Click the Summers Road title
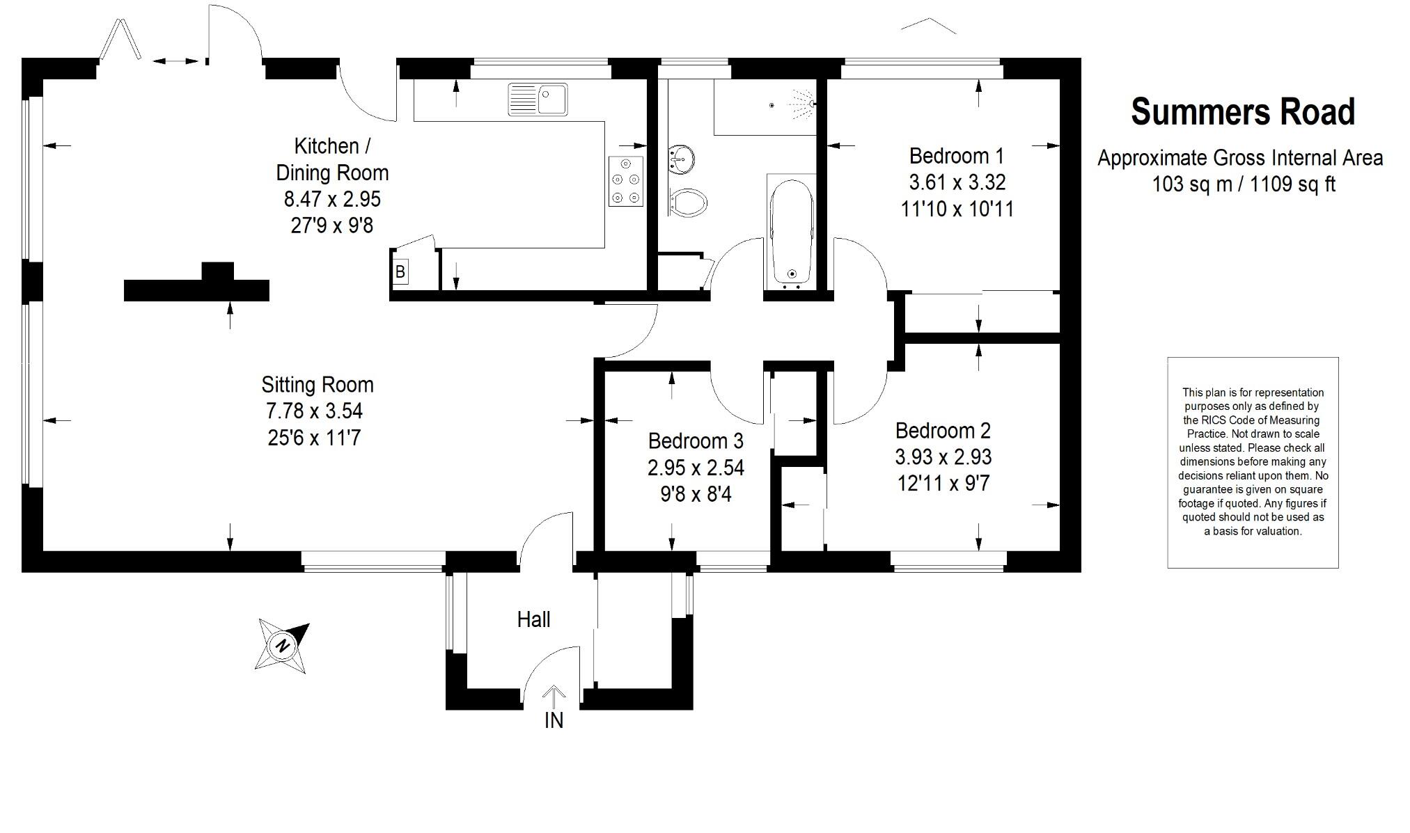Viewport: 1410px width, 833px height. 1243,112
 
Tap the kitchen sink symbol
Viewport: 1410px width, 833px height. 538,100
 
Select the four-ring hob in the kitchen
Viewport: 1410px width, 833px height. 625,181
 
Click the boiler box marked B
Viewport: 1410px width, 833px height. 400,272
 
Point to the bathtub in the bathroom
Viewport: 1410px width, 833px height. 792,232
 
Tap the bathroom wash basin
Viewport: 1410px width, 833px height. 681,159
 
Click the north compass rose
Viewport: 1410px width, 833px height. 282,646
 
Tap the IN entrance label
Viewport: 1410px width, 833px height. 554,721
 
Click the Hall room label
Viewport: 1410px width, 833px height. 533,619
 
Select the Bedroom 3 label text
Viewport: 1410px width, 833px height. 696,441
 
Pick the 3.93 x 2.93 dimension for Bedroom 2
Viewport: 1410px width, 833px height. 943,457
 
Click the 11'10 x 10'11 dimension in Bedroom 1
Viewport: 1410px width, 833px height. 957,209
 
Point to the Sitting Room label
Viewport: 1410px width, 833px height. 318,385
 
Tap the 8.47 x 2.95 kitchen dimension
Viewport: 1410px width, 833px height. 332,199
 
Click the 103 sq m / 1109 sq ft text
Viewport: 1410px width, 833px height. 1243,184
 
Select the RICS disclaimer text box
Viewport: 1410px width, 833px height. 1253,462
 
